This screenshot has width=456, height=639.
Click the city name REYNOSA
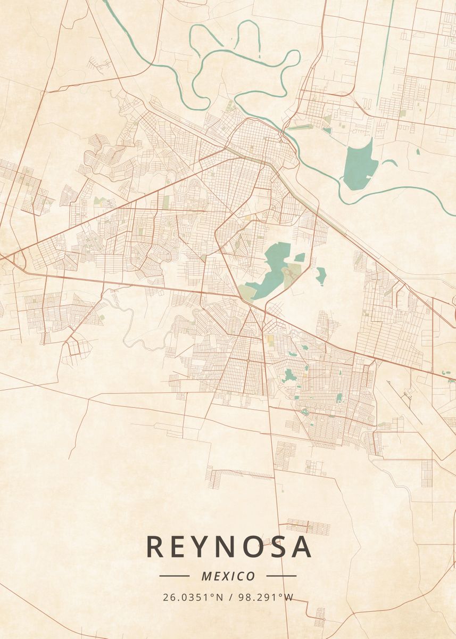pos(228,547)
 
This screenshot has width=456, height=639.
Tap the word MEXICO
pos(228,576)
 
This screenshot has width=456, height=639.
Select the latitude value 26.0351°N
pos(193,597)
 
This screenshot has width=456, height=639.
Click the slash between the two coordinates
pos(229,597)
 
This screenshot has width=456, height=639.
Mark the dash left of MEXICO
pos(174,576)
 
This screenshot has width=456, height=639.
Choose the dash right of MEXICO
pos(281,576)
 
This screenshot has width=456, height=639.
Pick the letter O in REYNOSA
pos(254,547)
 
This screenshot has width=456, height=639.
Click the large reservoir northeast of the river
pos(360,165)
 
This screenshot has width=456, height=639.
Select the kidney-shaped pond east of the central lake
pos(321,275)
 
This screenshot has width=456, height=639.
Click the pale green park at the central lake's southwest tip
pos(246,291)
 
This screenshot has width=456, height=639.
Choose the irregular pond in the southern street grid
pos(289,376)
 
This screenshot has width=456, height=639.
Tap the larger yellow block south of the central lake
pos(270,340)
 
